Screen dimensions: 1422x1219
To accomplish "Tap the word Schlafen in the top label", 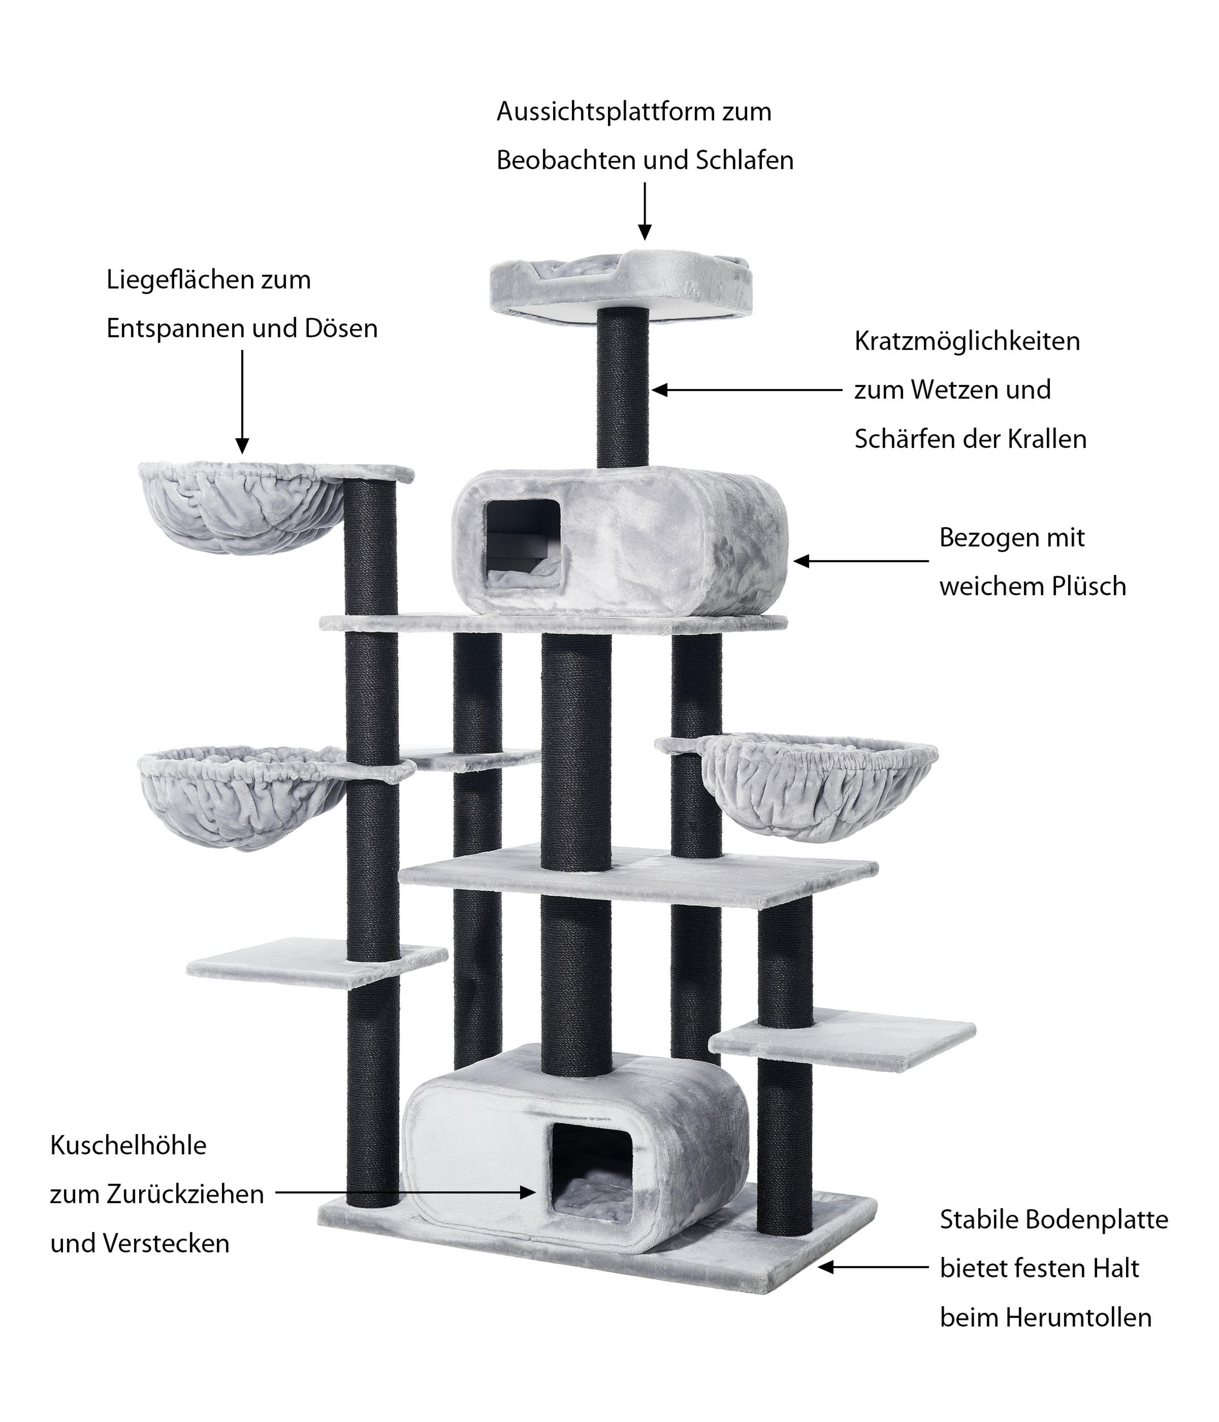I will point(745,161).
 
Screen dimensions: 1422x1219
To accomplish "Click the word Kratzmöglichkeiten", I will point(966,341).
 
